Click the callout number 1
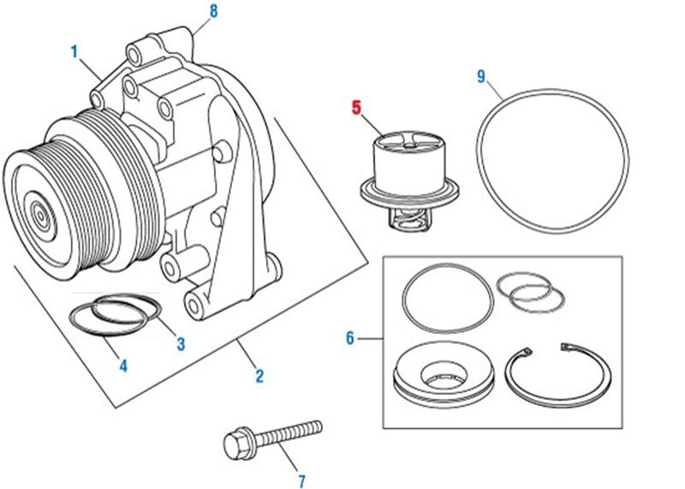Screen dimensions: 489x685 [74, 52]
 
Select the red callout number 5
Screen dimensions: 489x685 [357, 108]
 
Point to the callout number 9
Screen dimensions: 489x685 [481, 77]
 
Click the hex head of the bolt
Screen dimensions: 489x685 [235, 445]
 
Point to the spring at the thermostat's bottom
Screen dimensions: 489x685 [405, 222]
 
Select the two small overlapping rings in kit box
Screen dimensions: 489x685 [531, 292]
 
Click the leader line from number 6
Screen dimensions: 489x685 [370, 339]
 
